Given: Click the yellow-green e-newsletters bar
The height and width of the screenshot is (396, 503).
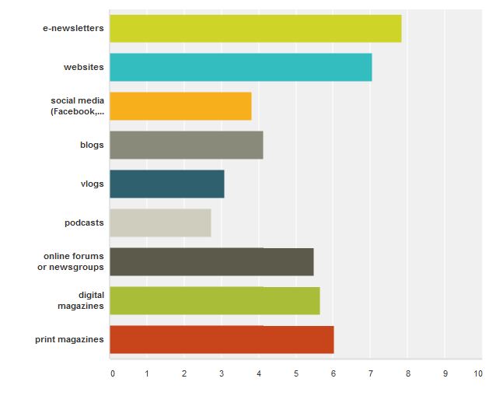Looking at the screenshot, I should coord(255,29).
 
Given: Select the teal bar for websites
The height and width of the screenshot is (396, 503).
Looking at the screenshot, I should coord(240,67).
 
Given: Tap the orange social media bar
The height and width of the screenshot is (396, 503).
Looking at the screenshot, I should coord(180,106).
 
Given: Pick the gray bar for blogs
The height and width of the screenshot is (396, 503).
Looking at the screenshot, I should coord(186,145).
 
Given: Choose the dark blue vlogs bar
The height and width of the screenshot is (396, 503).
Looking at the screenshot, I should coord(166,184).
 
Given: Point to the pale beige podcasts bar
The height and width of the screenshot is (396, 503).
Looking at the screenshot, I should coord(160,223).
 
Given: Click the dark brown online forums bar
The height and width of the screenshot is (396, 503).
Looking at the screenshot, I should coord(211,261).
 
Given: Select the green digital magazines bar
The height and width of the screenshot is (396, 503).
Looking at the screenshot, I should coord(215,300).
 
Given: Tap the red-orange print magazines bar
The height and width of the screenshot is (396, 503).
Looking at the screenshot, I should coord(222,339).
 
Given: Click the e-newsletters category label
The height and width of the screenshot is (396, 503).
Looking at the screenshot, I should coord(73,29).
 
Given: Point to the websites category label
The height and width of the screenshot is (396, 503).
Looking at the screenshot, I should coord(83,68).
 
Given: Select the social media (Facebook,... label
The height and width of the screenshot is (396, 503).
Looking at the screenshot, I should coord(77,106).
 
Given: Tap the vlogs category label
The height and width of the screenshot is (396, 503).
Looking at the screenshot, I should coord(92,184).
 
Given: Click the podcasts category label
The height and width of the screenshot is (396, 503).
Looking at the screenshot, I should coord(84,223).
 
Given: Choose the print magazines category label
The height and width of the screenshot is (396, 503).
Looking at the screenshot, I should coord(69,340).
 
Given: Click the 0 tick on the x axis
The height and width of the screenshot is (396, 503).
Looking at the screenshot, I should coord(113,374).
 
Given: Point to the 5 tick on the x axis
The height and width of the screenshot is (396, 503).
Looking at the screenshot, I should coord(296,374).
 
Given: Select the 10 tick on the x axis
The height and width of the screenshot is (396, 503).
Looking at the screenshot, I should coord(477,374).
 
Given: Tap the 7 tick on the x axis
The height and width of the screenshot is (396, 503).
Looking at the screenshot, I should coord(370,374).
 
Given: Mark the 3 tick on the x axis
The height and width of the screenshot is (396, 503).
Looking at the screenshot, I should coord(222,374).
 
